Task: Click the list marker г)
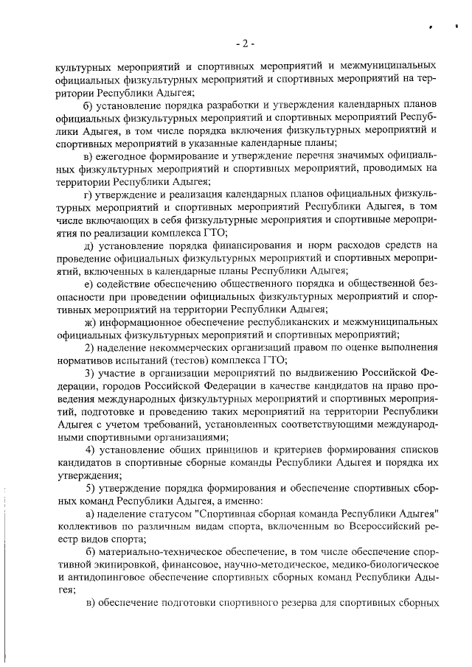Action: (90, 194)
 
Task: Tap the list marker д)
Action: (90, 245)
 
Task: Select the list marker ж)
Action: (91, 323)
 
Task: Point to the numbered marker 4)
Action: (90, 450)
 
